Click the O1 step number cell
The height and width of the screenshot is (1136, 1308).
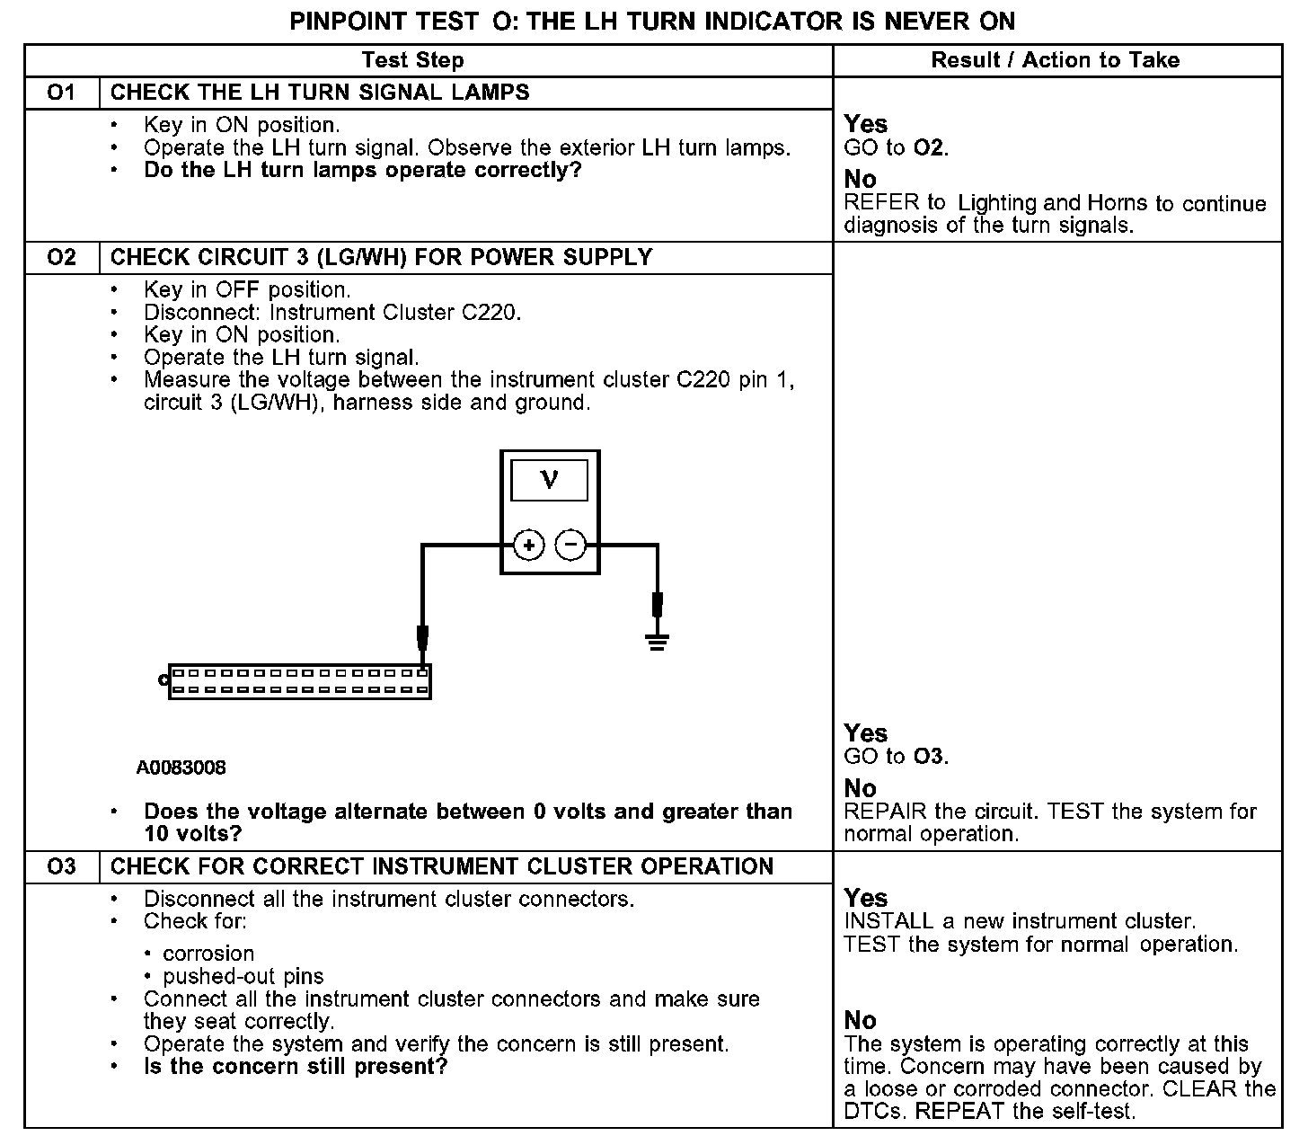pos(61,93)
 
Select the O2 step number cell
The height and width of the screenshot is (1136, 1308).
pos(61,258)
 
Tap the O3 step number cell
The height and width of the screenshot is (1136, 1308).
pos(61,867)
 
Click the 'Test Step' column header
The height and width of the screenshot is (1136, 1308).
pos(412,60)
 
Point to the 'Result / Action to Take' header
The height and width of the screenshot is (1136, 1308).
pos(1055,60)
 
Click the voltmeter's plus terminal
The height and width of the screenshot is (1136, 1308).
pos(529,545)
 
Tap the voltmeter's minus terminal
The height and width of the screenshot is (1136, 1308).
pos(570,545)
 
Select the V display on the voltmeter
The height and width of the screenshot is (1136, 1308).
pos(549,481)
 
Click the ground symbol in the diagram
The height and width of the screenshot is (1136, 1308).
pos(658,641)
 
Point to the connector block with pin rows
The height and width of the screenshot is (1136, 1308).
pos(299,681)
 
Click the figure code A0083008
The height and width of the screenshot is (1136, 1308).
pos(181,768)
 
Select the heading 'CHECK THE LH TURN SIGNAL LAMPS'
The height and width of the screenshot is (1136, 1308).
pos(320,93)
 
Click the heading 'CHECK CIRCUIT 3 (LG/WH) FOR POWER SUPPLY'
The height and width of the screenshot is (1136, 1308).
pos(381,258)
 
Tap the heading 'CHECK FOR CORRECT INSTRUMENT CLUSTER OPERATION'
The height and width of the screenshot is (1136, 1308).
pos(441,867)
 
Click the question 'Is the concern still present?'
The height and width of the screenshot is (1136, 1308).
pos(296,1067)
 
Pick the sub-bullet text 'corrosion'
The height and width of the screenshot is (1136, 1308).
pos(208,954)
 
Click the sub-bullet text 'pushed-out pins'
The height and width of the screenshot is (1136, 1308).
pos(243,977)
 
